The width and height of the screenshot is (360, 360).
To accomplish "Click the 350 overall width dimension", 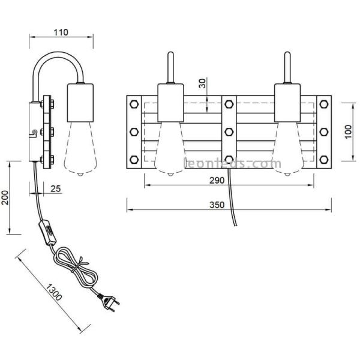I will pos(217,205).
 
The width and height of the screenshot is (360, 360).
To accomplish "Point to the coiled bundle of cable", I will pos(75,267).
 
